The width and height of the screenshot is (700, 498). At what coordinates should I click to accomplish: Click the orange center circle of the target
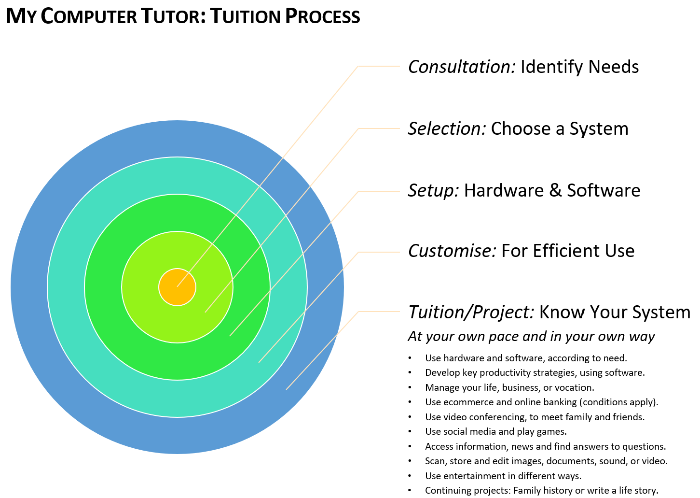tap(177, 287)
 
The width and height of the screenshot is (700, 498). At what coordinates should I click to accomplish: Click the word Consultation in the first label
tap(462, 67)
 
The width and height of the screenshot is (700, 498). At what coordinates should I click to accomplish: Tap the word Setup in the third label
tap(433, 191)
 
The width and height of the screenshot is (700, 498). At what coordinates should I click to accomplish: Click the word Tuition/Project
tap(471, 313)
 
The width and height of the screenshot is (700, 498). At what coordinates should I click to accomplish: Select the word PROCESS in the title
tap(322, 16)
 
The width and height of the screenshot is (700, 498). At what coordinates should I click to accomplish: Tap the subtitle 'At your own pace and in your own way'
tap(531, 336)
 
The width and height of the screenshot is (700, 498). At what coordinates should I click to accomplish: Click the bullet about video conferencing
tap(535, 417)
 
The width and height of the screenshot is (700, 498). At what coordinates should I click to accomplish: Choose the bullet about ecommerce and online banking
tap(541, 402)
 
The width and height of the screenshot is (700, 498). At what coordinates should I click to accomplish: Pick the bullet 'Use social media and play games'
tap(495, 431)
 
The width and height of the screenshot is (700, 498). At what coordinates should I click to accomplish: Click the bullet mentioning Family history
tap(541, 490)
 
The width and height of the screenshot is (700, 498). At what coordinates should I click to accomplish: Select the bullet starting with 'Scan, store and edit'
tap(546, 461)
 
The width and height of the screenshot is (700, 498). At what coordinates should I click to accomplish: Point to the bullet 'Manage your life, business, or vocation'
tap(509, 387)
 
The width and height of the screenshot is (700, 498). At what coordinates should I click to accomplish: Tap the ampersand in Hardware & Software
tap(555, 191)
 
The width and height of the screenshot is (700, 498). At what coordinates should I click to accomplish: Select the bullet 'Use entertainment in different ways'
tap(503, 476)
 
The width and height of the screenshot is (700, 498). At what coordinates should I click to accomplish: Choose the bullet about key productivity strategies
tap(535, 372)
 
